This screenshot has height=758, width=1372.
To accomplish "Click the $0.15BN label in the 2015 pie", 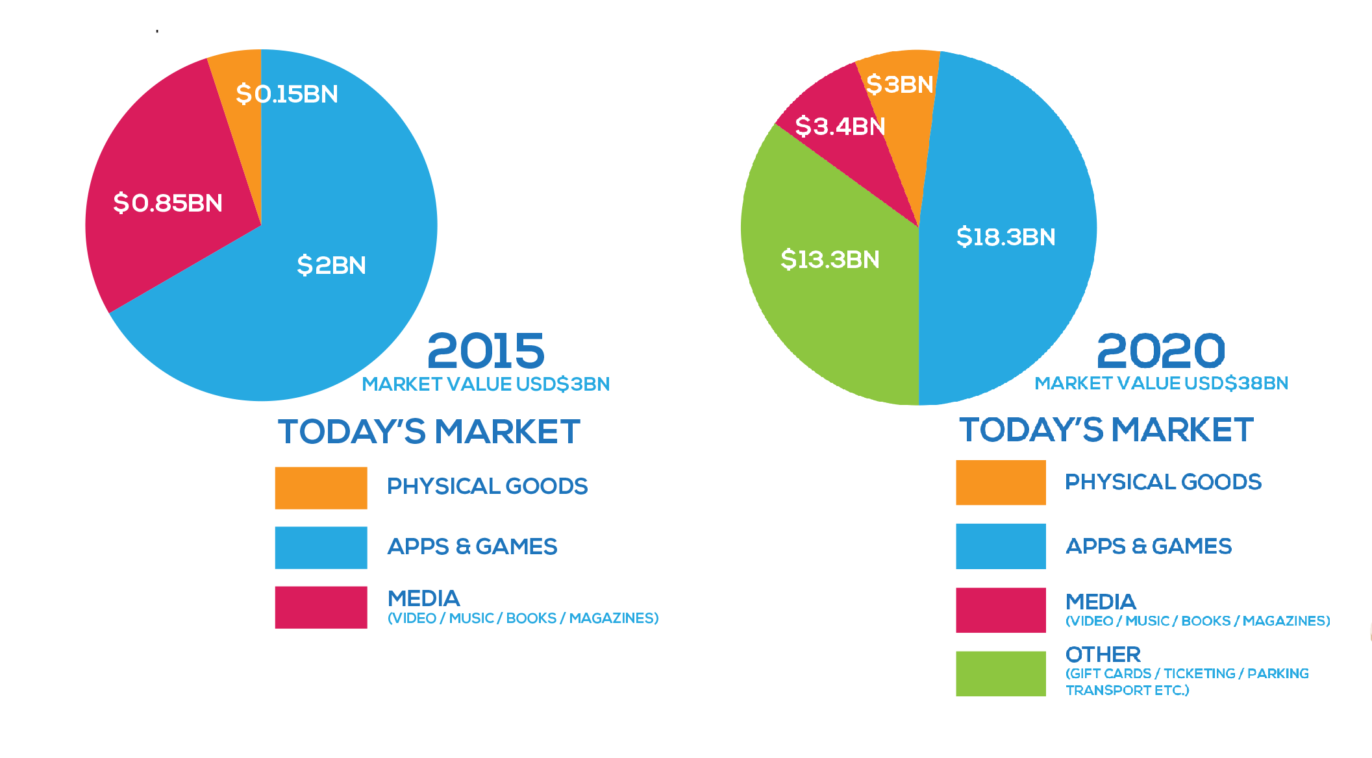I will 287,94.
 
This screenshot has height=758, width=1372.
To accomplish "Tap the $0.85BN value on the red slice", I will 168,203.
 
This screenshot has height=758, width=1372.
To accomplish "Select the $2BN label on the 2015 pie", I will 332,265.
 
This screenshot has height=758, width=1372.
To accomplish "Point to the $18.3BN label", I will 1006,237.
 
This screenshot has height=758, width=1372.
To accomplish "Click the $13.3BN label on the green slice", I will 830,260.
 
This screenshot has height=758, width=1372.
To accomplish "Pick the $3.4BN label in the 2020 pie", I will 840,126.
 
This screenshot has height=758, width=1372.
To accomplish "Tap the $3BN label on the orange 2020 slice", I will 900,84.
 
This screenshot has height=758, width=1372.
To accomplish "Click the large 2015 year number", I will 486,351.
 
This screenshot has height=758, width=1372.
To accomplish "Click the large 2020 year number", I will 1160,351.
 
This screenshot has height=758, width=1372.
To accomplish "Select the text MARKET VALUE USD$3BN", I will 486,384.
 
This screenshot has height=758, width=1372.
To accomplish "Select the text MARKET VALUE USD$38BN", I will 1161,384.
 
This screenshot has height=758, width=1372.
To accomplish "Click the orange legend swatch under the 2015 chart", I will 321,488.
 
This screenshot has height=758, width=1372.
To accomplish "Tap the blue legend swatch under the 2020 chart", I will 1001,546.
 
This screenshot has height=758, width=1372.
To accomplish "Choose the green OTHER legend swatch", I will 1001,674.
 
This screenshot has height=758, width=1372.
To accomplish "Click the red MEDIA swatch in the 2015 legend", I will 321,607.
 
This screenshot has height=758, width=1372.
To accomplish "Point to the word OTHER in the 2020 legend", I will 1103,654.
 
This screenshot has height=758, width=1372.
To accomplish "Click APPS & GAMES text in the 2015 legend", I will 472,546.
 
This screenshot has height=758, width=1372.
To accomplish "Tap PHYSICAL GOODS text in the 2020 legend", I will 1163,482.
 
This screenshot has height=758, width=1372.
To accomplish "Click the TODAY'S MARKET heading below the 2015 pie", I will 429,432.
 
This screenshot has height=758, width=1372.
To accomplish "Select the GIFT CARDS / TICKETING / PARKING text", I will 1187,674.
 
